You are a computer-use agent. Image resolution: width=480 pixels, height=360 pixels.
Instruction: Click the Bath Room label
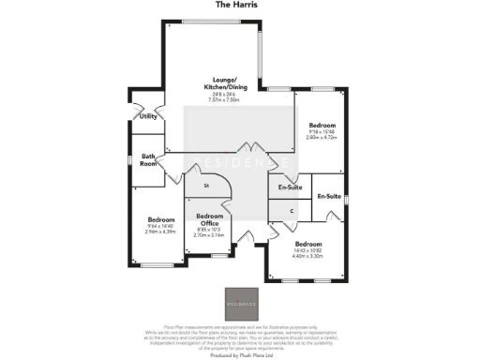tap(148, 159)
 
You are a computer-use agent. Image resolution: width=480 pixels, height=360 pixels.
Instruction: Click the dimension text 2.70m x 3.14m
tap(209, 235)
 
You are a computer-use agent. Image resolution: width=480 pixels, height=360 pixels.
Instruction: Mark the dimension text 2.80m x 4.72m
tap(322, 136)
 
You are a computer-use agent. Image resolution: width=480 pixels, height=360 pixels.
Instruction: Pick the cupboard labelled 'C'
tap(292, 211)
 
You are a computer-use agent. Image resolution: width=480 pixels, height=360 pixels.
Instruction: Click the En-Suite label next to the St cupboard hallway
tap(290, 187)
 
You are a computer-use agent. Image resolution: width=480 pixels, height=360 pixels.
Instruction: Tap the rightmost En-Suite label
tap(329, 197)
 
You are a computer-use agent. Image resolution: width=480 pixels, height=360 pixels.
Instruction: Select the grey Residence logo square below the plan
tap(240, 301)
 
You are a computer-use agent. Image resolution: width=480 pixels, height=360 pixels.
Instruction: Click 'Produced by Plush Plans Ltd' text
tap(240, 355)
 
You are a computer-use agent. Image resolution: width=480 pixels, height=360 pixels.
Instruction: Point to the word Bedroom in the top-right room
tap(322, 124)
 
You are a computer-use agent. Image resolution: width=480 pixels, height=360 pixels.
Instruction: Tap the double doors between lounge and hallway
tap(247, 152)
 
